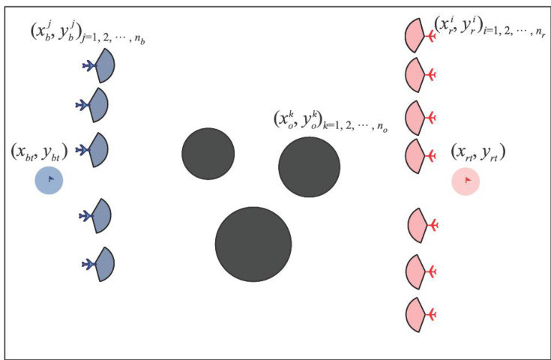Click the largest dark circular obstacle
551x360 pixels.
click(x=253, y=244)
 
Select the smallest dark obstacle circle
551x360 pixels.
click(x=208, y=154)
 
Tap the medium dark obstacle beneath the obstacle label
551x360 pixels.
click(x=309, y=166)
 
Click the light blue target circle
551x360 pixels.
click(x=49, y=180)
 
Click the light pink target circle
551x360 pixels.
click(x=466, y=181)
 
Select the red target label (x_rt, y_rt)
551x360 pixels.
click(x=478, y=152)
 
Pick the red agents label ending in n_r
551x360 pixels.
click(x=488, y=28)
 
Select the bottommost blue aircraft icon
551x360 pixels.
click(x=88, y=263)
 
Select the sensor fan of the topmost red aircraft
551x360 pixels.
click(x=414, y=34)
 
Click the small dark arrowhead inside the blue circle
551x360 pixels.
click(x=50, y=179)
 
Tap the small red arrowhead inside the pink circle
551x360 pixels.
click(x=467, y=180)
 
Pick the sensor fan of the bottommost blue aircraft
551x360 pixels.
click(x=104, y=264)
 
